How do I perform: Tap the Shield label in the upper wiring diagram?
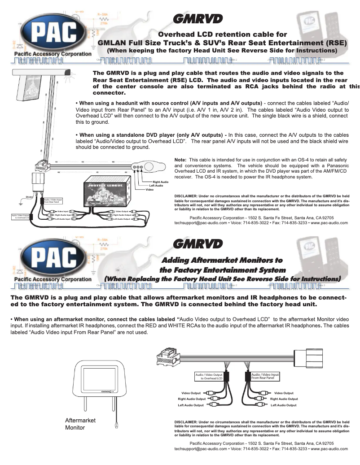[29, 197]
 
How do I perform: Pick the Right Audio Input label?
[63, 215]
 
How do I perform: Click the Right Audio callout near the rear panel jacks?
[161, 182]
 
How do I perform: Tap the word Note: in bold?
[180, 159]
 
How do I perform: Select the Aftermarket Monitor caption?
[81, 424]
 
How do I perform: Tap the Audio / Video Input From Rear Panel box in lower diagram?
[265, 376]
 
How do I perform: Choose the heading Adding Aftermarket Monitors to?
[222, 260]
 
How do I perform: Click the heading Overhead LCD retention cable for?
[222, 34]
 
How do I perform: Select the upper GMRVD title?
[198, 19]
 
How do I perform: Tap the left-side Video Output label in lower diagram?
[191, 393]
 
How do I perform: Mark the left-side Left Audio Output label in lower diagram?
[191, 405]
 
